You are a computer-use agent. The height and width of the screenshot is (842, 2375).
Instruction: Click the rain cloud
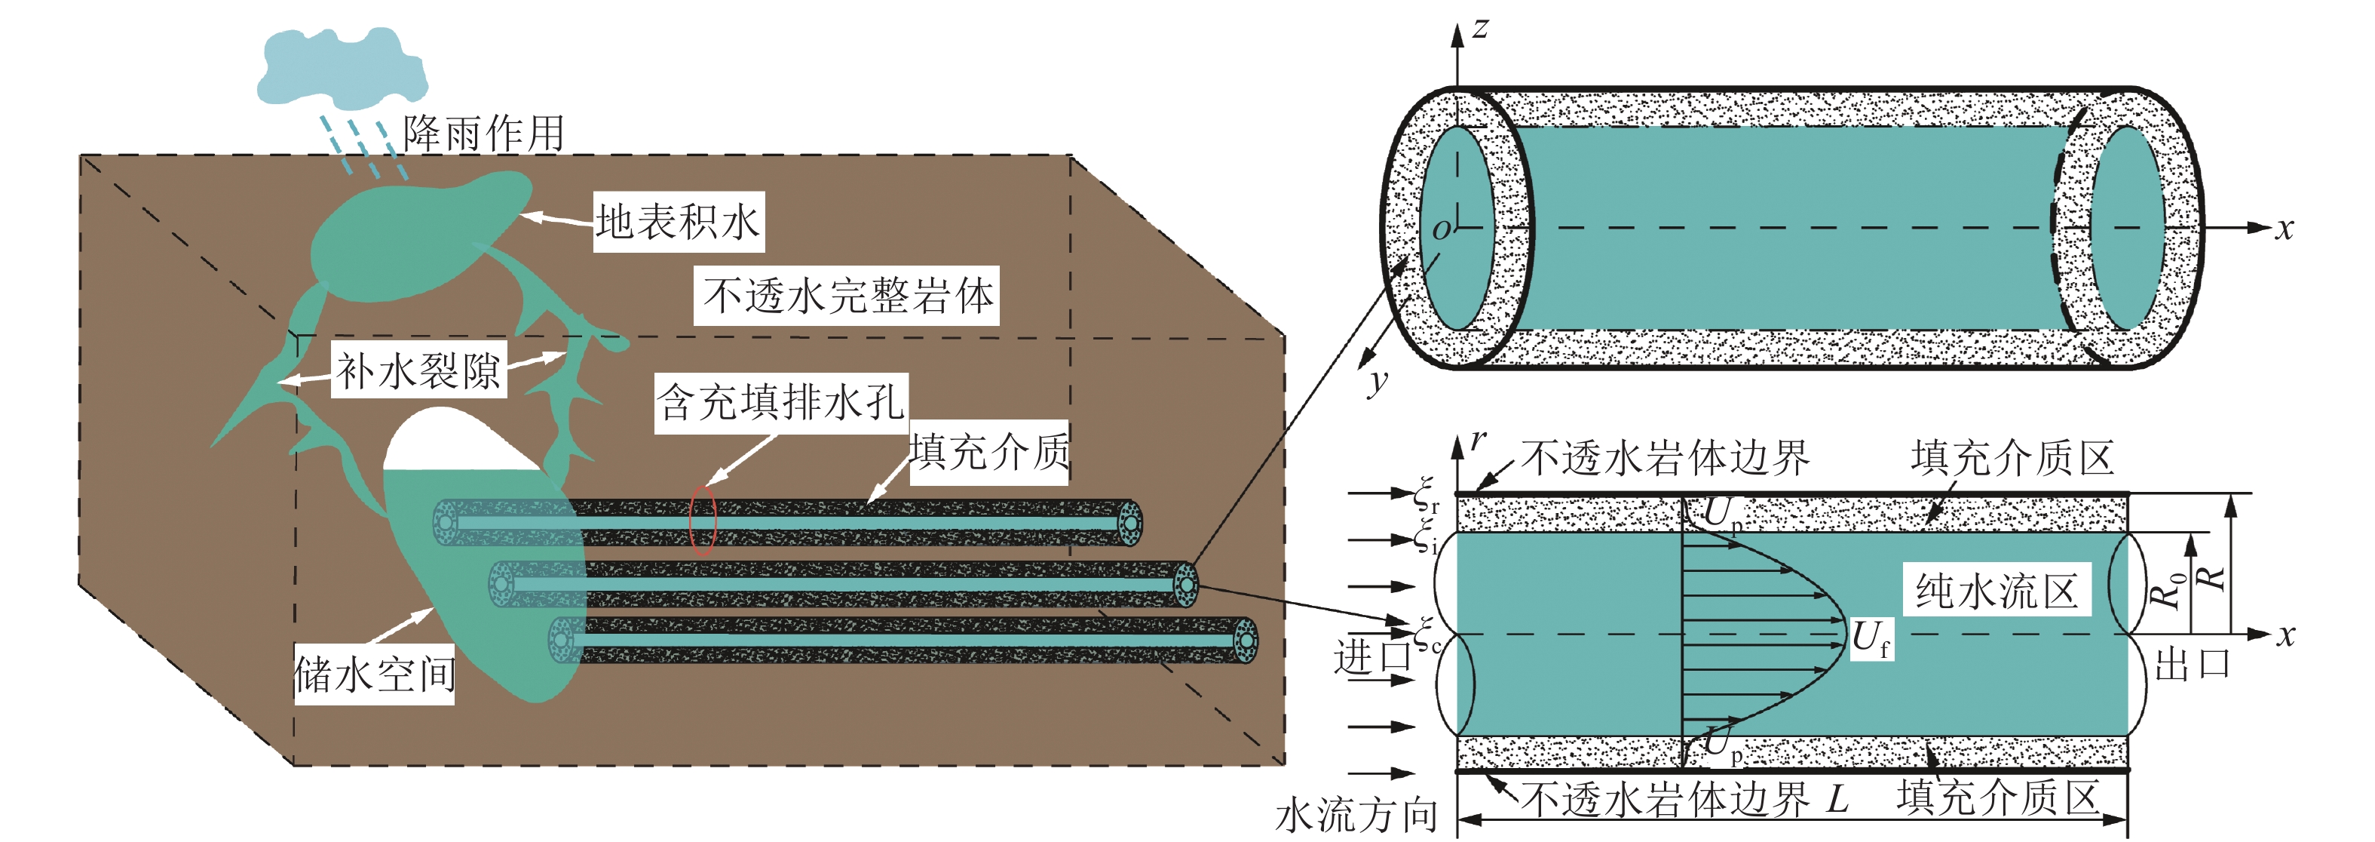[x=343, y=66]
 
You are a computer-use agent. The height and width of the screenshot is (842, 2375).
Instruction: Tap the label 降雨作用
[x=483, y=134]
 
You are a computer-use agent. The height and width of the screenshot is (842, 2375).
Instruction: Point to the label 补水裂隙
[x=418, y=370]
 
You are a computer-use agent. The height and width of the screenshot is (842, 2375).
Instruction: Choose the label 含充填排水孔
[x=781, y=403]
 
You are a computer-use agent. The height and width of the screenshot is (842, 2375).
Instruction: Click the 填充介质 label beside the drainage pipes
[x=988, y=452]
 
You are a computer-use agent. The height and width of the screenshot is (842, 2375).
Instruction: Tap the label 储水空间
[x=374, y=675]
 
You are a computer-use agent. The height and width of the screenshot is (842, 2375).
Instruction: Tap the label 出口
[x=2192, y=663]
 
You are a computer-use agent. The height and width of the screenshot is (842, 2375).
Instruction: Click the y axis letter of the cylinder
[x=1377, y=380]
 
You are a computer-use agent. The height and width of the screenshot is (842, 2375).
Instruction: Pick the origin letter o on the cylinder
[x=1441, y=229]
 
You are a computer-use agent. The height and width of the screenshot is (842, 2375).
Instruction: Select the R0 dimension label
[x=2168, y=589]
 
